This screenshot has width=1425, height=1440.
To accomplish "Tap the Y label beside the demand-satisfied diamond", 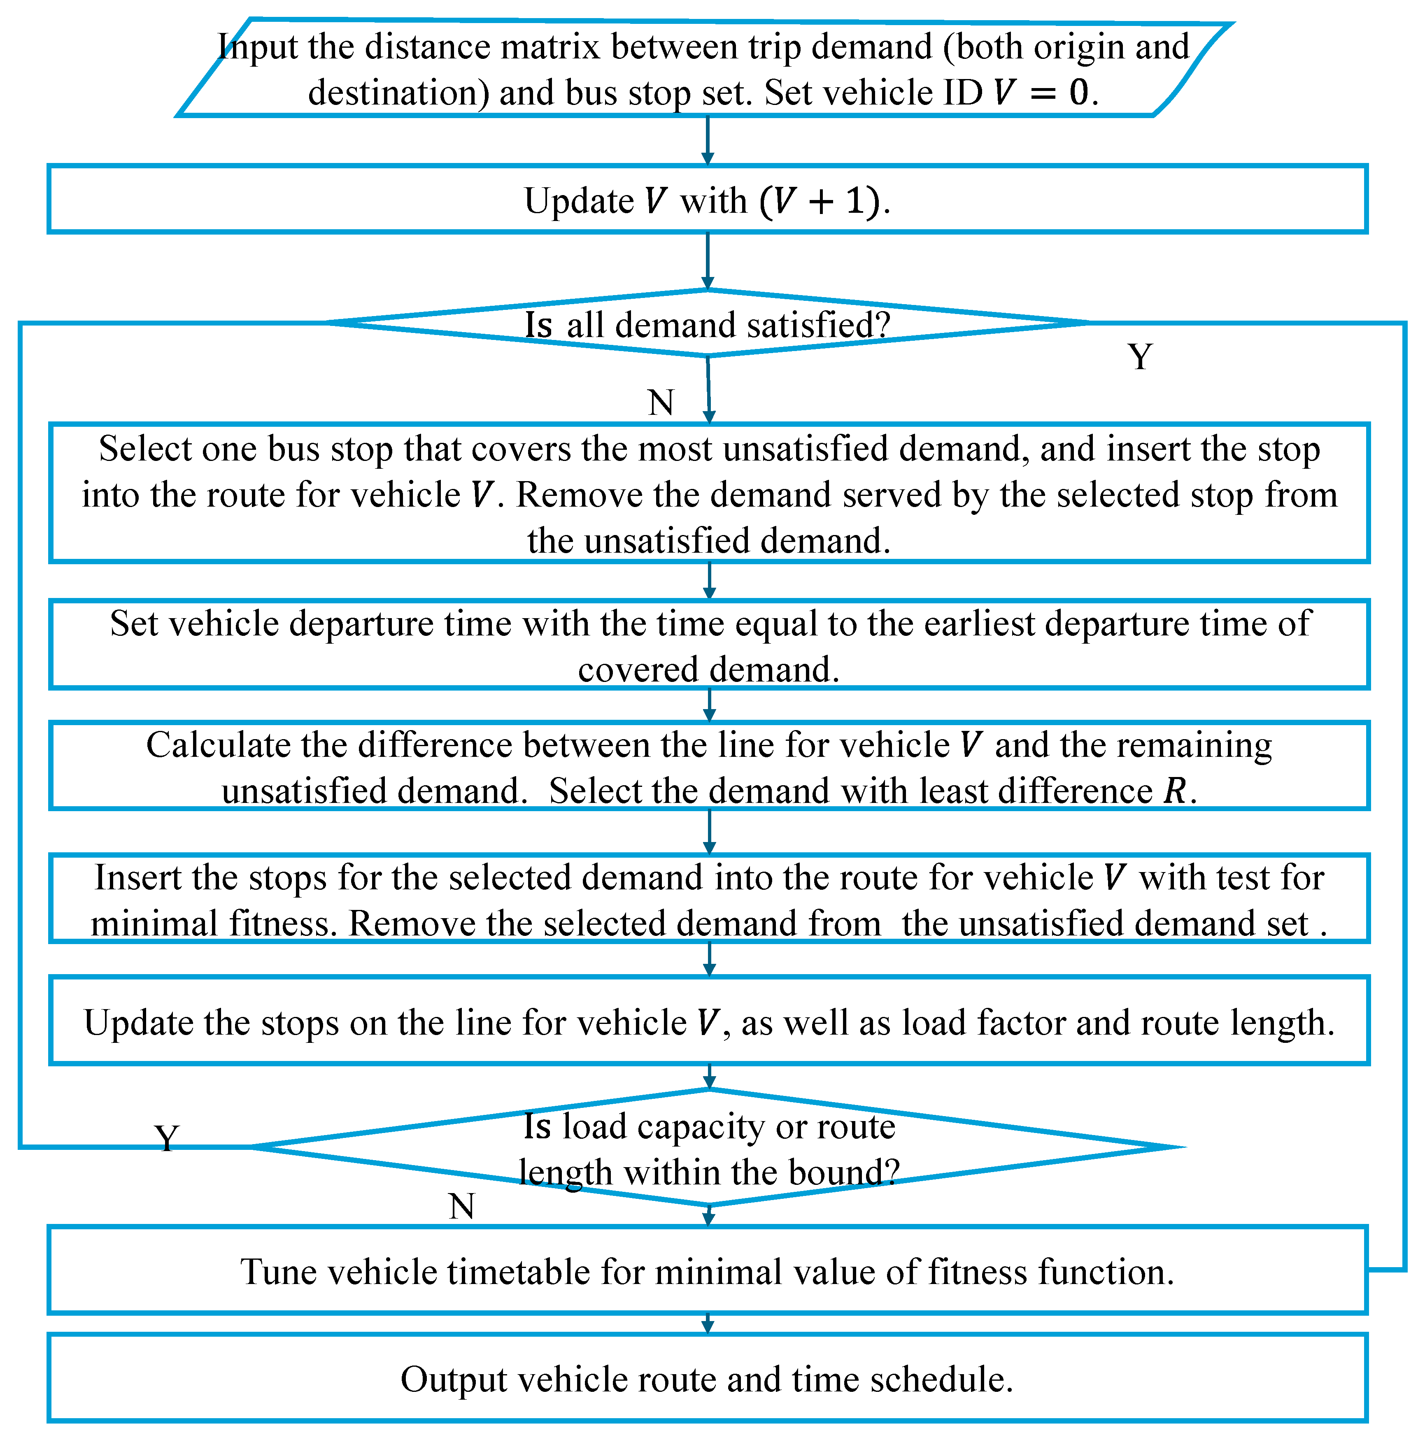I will coord(1140,357).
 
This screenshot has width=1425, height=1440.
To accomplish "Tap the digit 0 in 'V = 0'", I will coord(1078,93).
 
